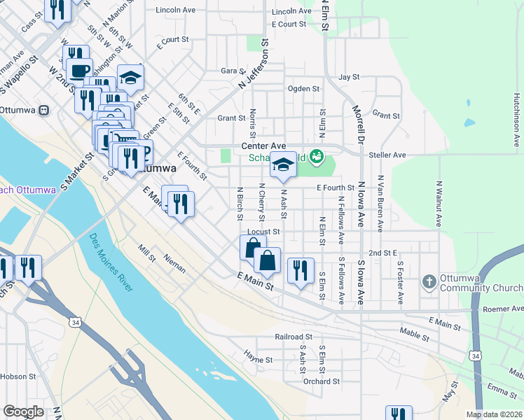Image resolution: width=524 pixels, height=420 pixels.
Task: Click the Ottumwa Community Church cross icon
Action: [429, 282]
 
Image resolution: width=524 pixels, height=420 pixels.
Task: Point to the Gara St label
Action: [230, 71]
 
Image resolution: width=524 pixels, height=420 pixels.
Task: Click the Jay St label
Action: [348, 77]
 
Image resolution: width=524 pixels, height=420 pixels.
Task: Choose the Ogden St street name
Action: [303, 89]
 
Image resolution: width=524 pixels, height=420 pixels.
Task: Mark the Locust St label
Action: [263, 231]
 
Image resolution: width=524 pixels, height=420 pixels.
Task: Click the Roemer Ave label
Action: [503, 309]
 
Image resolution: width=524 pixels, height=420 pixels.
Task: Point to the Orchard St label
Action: [322, 381]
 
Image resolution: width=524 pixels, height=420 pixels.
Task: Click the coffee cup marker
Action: [80, 70]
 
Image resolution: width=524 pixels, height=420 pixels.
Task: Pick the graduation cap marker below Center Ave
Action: [283, 164]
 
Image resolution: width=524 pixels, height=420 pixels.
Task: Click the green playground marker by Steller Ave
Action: [317, 155]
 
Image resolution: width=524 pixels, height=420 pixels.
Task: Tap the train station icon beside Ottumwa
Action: [44, 110]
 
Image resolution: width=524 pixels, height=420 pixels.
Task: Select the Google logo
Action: [24, 411]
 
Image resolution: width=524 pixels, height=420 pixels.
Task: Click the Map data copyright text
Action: [493, 414]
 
